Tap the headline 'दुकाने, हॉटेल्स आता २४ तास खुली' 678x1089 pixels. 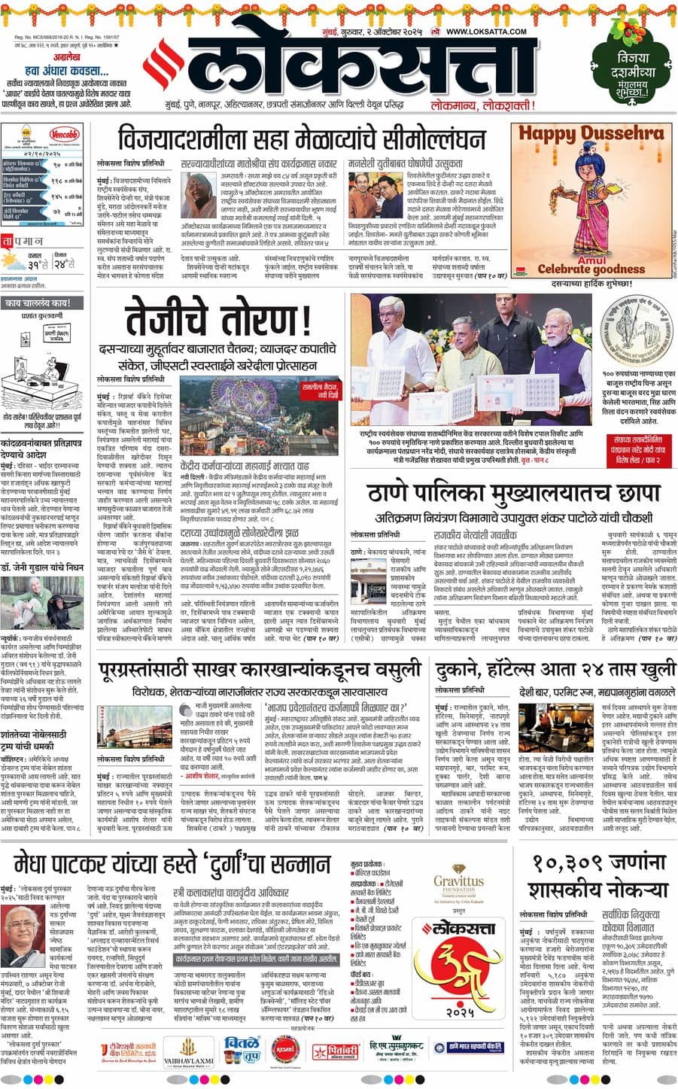click(x=554, y=668)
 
